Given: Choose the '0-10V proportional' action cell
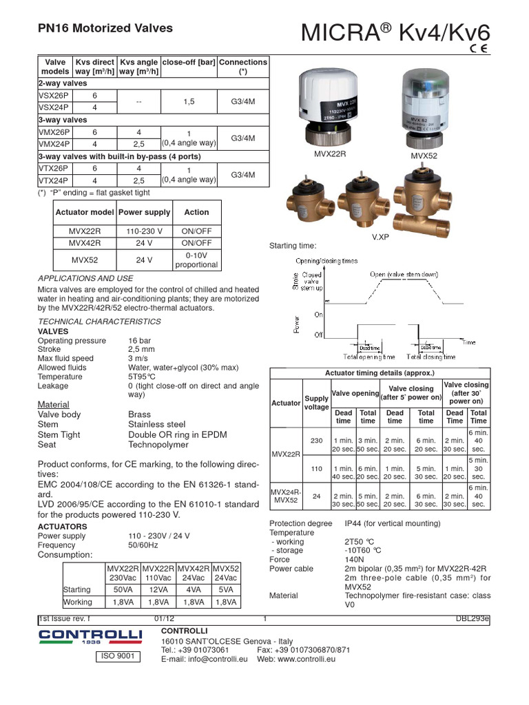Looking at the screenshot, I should (x=196, y=260).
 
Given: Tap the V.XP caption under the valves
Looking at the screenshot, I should (x=380, y=236).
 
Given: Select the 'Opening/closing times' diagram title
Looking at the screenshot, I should (x=326, y=262).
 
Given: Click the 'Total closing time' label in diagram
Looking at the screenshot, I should (x=431, y=357).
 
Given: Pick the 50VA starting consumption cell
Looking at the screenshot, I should (x=123, y=590).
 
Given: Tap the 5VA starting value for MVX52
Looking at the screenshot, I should (x=226, y=590).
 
